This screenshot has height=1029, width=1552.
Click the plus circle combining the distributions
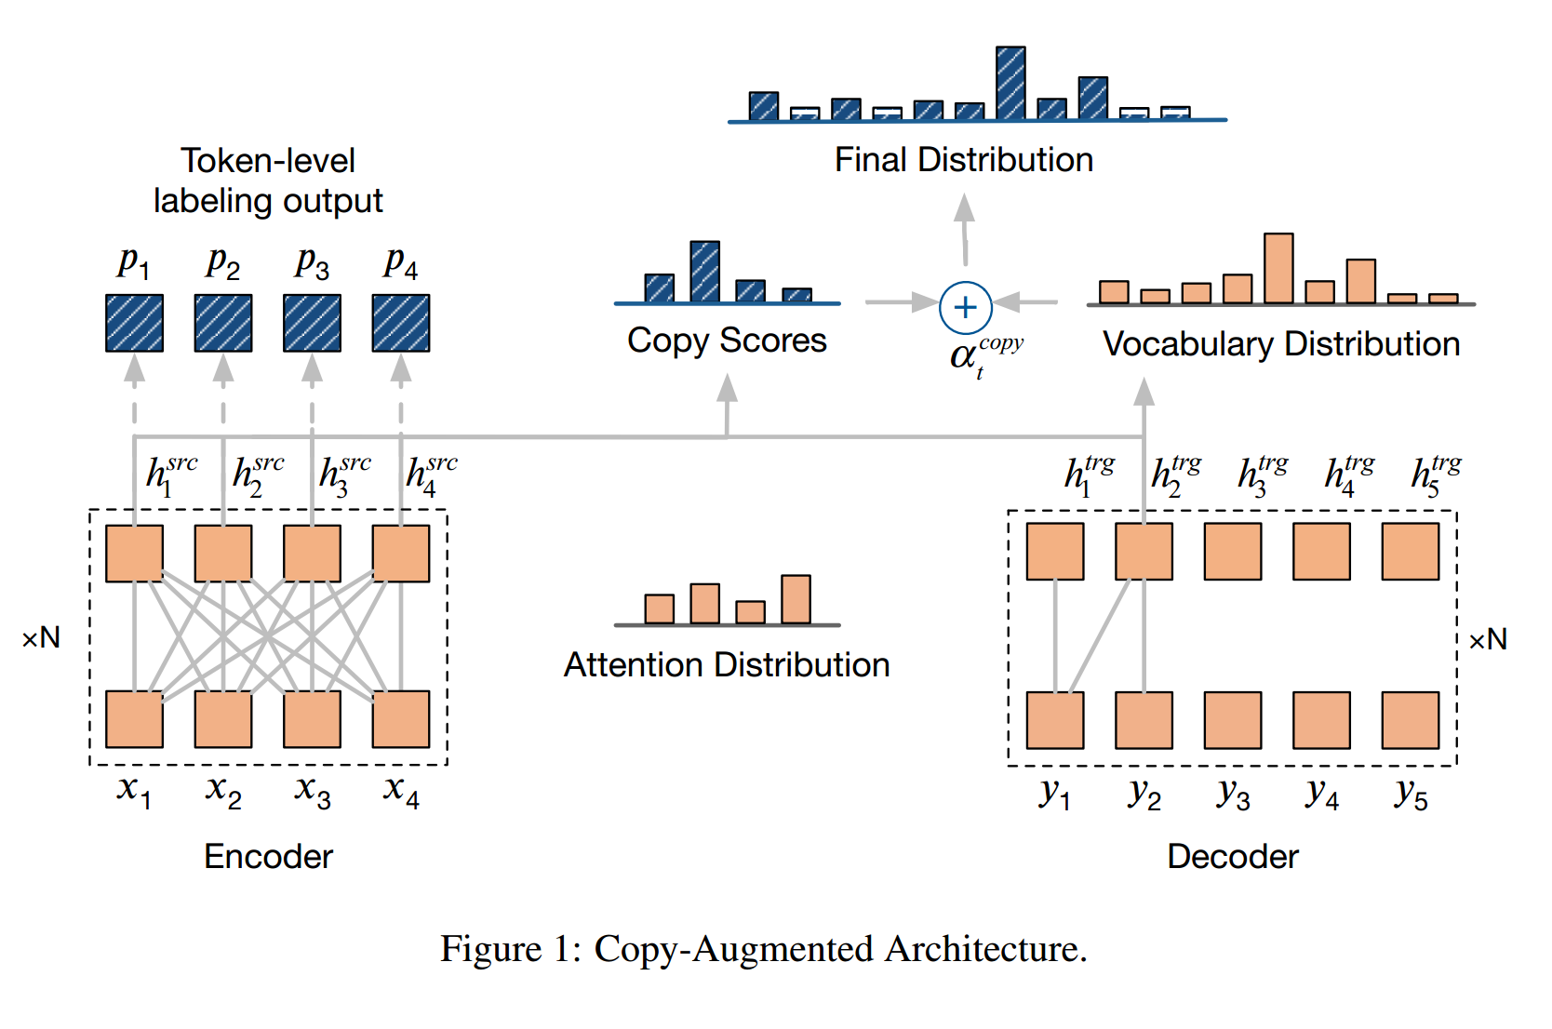pos(965,307)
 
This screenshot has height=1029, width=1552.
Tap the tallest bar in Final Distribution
pos(1010,83)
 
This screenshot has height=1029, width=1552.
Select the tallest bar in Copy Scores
pos(704,272)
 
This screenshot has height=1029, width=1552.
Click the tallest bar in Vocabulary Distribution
pos(1278,268)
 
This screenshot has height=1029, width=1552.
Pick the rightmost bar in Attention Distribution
pos(796,599)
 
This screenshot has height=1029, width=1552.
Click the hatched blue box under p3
pos(312,323)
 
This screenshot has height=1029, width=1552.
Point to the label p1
pos(133,263)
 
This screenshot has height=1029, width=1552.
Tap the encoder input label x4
pos(401,791)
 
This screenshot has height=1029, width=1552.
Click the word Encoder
pos(268,857)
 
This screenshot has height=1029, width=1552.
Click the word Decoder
pos(1232,857)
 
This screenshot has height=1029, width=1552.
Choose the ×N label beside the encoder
pos(42,638)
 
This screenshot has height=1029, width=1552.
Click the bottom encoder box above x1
pos(134,719)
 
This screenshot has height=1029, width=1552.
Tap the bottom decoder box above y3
pos(1232,720)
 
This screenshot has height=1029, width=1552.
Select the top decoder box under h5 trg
pos(1410,552)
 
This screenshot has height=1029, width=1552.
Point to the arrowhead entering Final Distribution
pos(965,207)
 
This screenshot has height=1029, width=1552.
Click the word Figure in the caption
pos(489,949)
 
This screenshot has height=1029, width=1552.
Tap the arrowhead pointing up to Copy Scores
pos(727,388)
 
